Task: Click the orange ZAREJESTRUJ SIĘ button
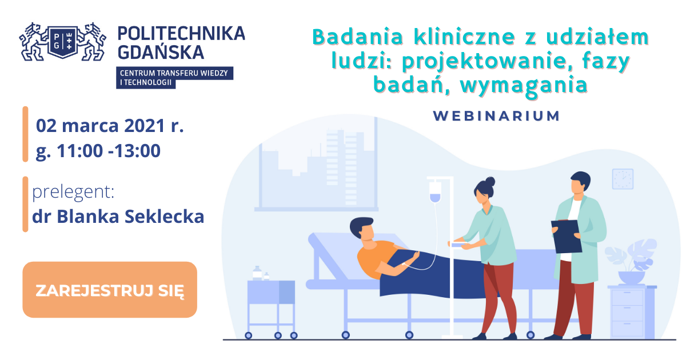(x=110, y=290)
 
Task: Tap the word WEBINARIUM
(x=496, y=116)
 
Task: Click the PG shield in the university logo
(x=63, y=42)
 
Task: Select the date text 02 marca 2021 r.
(x=110, y=126)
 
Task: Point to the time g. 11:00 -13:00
(x=98, y=151)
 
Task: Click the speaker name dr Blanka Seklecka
(x=118, y=217)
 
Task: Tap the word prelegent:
(x=73, y=192)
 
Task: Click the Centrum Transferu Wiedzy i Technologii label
(x=174, y=78)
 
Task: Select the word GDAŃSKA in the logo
(x=161, y=52)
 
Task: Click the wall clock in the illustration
(x=623, y=179)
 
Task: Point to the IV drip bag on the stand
(x=435, y=191)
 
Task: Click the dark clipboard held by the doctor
(x=567, y=236)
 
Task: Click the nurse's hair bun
(x=490, y=182)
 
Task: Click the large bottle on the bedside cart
(x=257, y=273)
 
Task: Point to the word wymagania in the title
(x=524, y=85)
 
